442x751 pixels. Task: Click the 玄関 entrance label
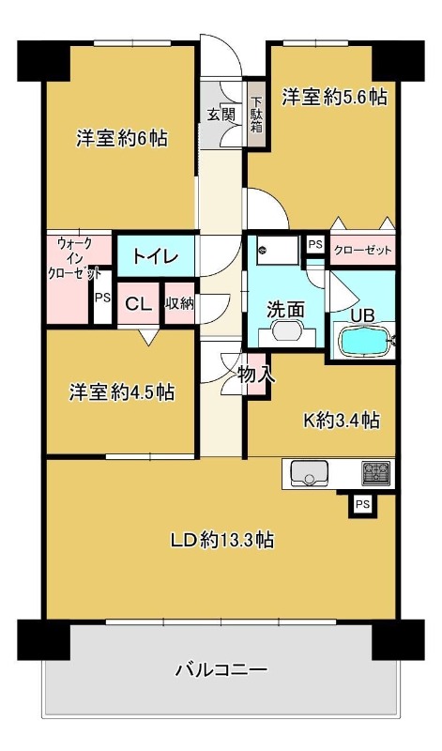tap(221, 115)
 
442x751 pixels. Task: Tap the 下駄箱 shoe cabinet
tap(257, 115)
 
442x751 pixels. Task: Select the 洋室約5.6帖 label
tap(334, 98)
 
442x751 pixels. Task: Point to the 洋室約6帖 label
tap(122, 139)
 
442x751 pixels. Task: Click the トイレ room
tap(156, 256)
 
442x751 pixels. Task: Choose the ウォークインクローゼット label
tap(75, 259)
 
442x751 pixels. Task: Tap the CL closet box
tap(138, 303)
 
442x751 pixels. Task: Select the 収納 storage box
tap(180, 303)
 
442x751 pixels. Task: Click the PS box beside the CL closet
tap(102, 298)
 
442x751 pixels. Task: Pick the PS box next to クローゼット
tap(315, 245)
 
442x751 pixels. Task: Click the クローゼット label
tap(362, 250)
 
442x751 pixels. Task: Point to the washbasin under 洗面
tap(287, 330)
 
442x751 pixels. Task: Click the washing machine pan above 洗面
tap(278, 250)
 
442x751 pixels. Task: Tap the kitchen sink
tap(310, 473)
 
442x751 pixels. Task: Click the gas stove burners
tap(375, 472)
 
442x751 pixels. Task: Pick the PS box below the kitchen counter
tap(362, 504)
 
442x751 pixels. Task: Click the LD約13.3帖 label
tap(222, 541)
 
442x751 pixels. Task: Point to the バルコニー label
tap(221, 669)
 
